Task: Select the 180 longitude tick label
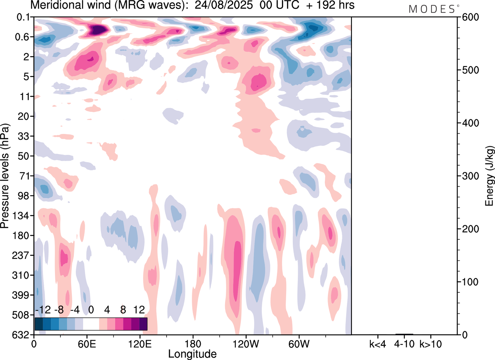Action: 193,344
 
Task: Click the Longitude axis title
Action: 192,353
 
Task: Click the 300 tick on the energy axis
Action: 468,176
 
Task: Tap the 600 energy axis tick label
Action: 468,17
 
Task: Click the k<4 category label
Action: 377,344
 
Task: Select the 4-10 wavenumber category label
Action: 404,344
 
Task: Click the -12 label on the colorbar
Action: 43,310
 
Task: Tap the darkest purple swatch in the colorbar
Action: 143,324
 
